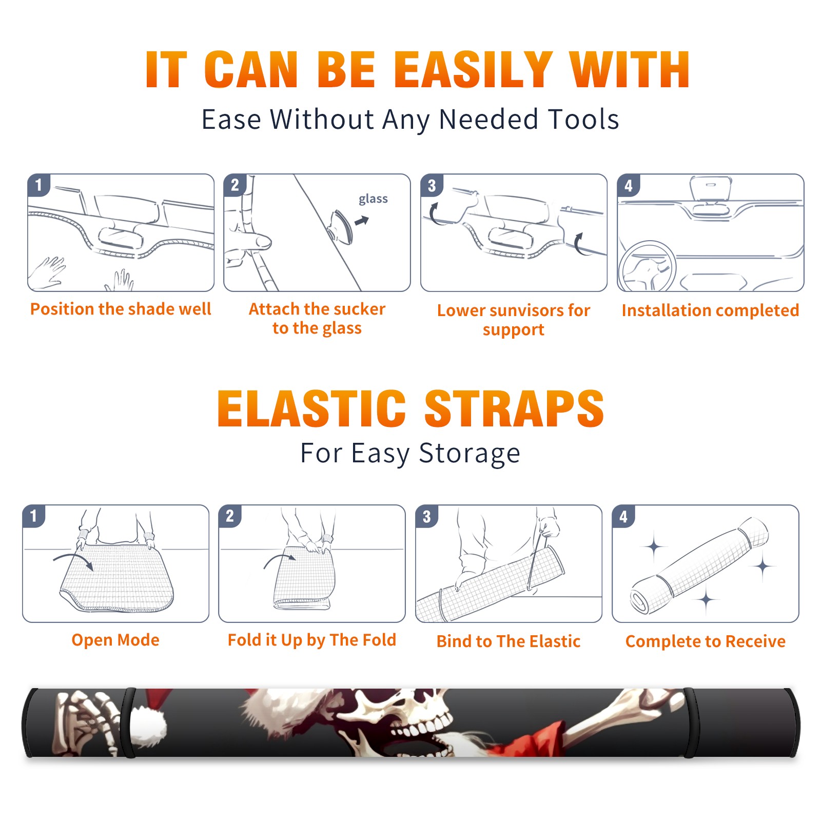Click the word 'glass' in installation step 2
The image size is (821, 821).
pos(373,199)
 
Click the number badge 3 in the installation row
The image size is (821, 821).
pos(432,185)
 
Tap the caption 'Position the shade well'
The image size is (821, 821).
pos(121,309)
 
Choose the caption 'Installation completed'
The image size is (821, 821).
pos(710,310)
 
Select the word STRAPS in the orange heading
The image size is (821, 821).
pos(514,408)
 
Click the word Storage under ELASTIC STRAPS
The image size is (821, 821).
pos(470,454)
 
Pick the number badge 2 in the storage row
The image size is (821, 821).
pos(230,516)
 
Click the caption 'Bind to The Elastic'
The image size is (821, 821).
pos(509,641)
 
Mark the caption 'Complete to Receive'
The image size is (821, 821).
pos(706,641)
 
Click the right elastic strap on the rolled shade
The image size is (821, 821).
pos(689,722)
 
